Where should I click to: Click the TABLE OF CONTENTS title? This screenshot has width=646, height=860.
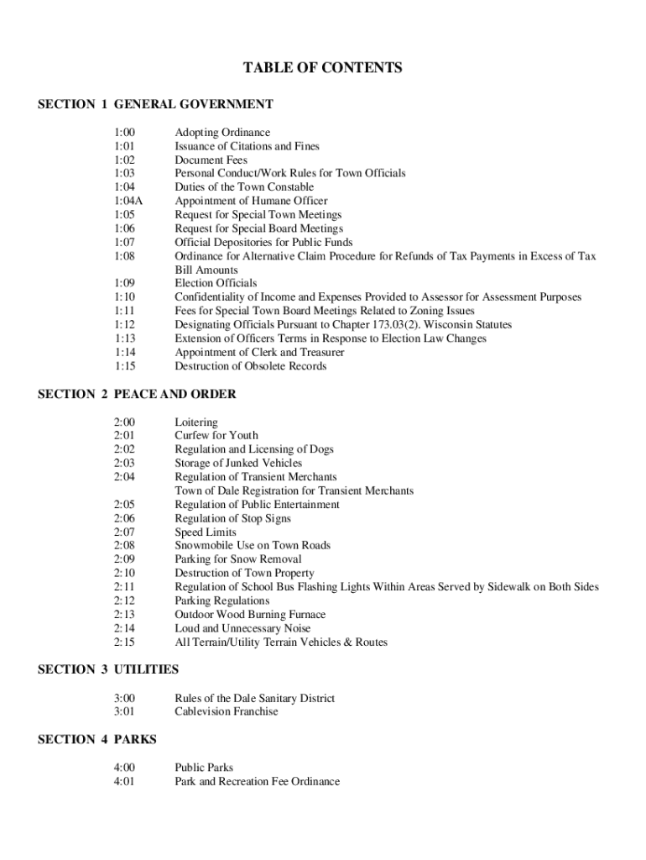tap(323, 68)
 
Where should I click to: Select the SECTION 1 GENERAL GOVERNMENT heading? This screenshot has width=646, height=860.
tap(156, 104)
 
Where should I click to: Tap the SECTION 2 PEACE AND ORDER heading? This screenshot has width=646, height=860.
tap(138, 394)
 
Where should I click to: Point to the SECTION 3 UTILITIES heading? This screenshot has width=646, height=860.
tap(108, 669)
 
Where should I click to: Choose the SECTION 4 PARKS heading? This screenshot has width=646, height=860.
tap(97, 739)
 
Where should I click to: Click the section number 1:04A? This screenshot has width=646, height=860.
tap(128, 201)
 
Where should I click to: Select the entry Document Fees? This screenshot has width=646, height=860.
tap(211, 160)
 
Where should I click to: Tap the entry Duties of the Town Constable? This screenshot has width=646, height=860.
tap(244, 187)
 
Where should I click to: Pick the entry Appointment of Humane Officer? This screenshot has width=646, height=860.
tap(251, 201)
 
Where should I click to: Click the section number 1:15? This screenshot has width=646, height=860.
tap(124, 366)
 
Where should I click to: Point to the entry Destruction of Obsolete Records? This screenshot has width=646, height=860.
tap(251, 366)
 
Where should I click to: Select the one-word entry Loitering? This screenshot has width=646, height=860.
tap(195, 422)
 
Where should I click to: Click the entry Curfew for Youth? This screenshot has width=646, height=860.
tap(216, 435)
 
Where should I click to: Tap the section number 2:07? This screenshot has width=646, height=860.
tap(124, 532)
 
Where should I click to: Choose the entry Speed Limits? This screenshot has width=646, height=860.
tap(206, 532)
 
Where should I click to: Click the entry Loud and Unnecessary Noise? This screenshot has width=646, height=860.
tap(242, 628)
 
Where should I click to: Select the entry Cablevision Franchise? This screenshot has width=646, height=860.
tap(227, 711)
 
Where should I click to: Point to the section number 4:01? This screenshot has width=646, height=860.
tap(124, 781)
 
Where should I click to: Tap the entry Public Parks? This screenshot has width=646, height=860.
tap(204, 768)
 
